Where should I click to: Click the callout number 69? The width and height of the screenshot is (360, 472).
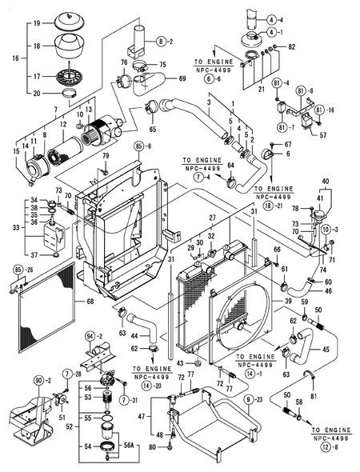[182, 78]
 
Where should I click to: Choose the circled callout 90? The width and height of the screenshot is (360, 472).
[38, 380]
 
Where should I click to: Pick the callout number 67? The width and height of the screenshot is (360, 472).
[288, 144]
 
